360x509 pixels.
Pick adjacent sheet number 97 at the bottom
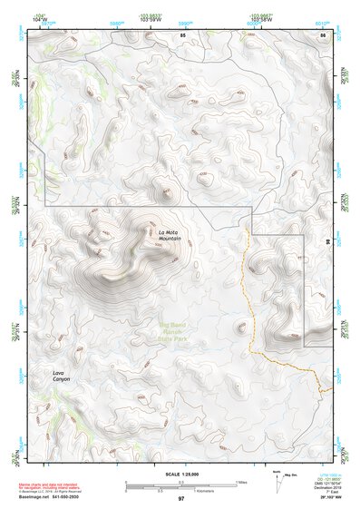coord(180,499)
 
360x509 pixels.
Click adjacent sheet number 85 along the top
coord(182,34)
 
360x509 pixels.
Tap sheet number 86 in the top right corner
coord(322,34)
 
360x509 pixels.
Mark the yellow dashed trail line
coord(248,290)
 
